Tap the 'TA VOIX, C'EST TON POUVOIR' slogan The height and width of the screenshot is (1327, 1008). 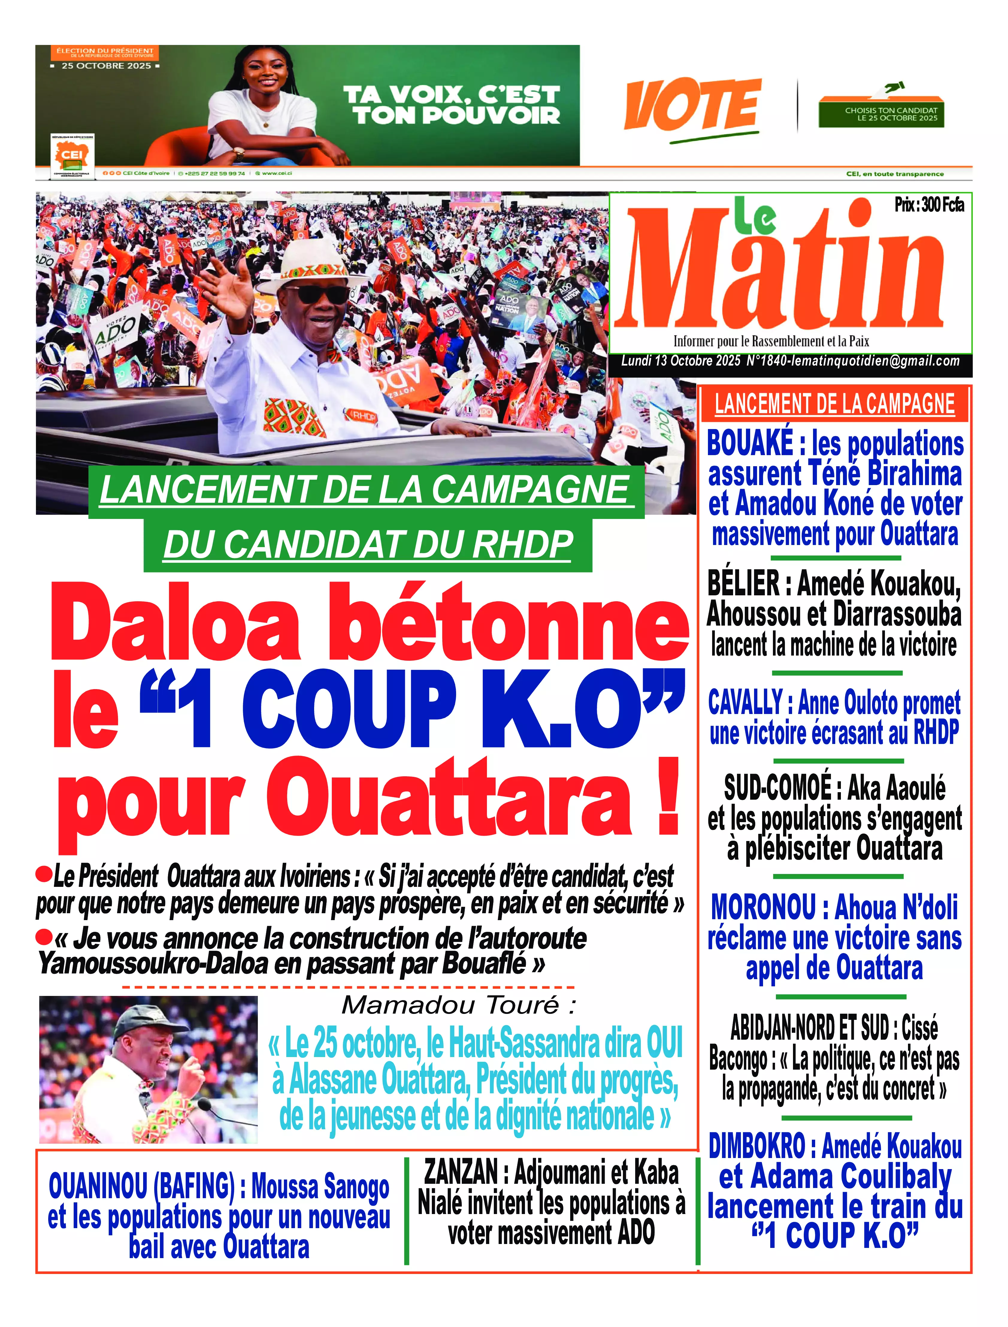point(451,105)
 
